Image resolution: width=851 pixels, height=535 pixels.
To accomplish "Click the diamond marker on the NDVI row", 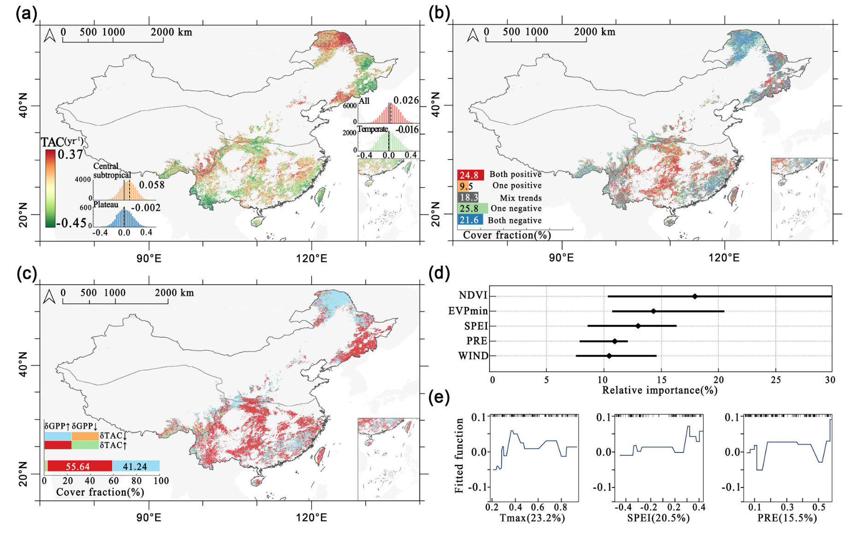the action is [695, 296].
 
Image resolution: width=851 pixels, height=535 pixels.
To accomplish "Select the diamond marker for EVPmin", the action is [653, 311].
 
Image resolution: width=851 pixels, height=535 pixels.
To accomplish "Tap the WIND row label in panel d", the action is [473, 356].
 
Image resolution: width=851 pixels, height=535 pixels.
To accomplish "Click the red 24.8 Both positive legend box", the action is [470, 175].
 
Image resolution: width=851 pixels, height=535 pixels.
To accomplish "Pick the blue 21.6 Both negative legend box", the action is [470, 220].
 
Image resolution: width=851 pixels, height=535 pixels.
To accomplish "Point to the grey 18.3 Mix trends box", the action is [468, 197].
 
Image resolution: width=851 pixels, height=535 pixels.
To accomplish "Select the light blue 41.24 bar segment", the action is [136, 466].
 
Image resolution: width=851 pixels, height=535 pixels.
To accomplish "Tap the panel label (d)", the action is [439, 273].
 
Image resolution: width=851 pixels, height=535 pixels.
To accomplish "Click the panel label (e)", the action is [439, 397].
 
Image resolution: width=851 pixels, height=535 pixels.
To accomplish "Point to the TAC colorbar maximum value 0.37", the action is [71, 155].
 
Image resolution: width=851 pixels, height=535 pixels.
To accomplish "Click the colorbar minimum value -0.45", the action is [72, 223].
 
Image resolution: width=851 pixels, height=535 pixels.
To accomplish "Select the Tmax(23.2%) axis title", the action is [532, 518].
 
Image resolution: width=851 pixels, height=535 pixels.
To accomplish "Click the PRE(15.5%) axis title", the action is [787, 518].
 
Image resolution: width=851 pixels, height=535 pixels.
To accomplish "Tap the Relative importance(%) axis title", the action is [660, 390].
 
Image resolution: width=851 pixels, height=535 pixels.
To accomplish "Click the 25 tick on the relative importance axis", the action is [776, 380].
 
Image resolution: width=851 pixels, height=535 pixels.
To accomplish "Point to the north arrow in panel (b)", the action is [473, 35].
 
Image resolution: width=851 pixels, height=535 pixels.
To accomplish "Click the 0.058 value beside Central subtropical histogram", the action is [152, 185].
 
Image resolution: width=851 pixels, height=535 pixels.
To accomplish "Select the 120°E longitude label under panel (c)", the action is [312, 517].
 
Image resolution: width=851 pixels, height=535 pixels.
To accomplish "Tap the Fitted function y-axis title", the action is [459, 456].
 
